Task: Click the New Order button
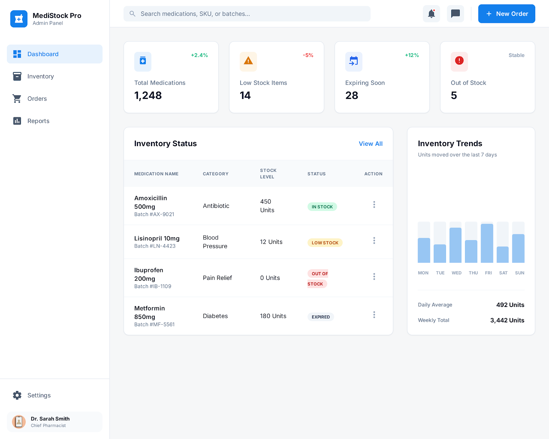506,14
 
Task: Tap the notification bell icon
431,14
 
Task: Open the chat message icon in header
455,14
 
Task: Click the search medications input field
247,14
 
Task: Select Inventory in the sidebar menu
40,76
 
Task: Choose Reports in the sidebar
38,121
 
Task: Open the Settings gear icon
17,395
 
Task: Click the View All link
371,144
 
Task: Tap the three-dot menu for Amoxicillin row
374,205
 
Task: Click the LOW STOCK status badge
325,243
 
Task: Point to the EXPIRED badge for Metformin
320,317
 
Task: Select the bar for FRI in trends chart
487,243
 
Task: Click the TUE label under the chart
440,273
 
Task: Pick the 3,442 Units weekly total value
507,320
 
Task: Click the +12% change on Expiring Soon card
412,55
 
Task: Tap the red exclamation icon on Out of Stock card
459,61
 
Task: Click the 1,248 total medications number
148,95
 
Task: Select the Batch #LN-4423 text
155,246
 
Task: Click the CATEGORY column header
215,174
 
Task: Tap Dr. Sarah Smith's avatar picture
19,422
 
